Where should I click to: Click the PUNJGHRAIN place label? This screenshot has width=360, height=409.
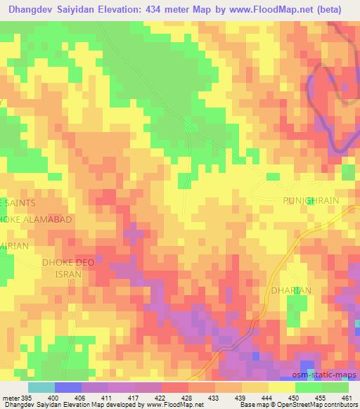(x=310, y=200)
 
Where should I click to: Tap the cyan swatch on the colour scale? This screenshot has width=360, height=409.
(x=41, y=387)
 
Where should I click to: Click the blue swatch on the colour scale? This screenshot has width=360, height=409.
(x=68, y=387)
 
